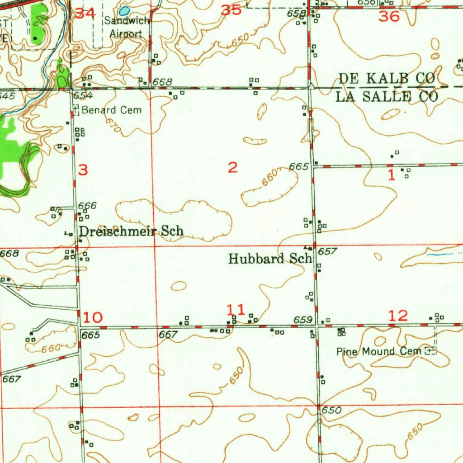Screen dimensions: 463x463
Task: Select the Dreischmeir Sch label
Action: pyautogui.click(x=131, y=231)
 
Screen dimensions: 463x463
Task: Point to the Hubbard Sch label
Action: pyautogui.click(x=270, y=259)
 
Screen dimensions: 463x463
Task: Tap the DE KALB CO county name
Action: pyautogui.click(x=387, y=79)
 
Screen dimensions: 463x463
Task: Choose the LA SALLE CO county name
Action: pyautogui.click(x=387, y=96)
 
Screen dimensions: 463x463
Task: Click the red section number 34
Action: pyautogui.click(x=85, y=13)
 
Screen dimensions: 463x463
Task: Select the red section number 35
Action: pyautogui.click(x=231, y=10)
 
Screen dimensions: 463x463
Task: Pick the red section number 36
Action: pyautogui.click(x=389, y=17)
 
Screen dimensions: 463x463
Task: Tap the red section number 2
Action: pyautogui.click(x=232, y=168)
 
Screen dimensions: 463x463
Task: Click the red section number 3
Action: pyautogui.click(x=83, y=170)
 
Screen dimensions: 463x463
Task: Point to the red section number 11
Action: pyautogui.click(x=236, y=310)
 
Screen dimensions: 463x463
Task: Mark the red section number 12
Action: pyautogui.click(x=398, y=316)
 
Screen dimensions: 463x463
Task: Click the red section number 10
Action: pyautogui.click(x=93, y=317)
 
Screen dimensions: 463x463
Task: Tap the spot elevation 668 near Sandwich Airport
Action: pyautogui.click(x=162, y=82)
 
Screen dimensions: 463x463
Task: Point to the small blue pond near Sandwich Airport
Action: pyautogui.click(x=125, y=10)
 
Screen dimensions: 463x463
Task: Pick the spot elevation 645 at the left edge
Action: pyautogui.click(x=7, y=96)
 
